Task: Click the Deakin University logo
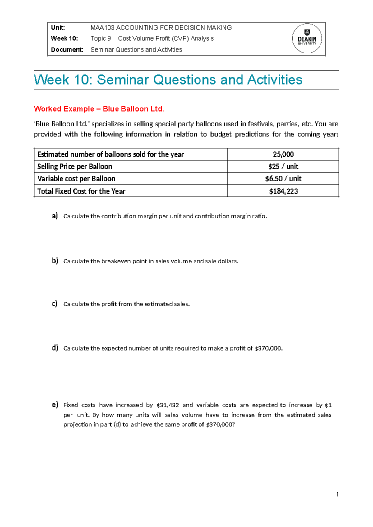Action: pos(307,39)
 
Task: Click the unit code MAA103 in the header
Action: pos(102,28)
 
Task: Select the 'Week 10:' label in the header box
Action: pos(64,39)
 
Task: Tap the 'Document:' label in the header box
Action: pos(67,50)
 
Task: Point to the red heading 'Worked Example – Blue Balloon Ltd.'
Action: pos(99,109)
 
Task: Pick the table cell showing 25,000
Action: pos(283,154)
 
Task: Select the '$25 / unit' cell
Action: pos(283,167)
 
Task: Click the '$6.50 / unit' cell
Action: pos(283,179)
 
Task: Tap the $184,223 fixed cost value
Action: pos(283,191)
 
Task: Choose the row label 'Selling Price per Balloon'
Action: pos(75,167)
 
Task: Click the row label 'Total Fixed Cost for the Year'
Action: pos(81,191)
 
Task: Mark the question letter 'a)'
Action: pos(55,216)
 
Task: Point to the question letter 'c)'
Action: pos(55,304)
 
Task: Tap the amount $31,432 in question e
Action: pos(168,405)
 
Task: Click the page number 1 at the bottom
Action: pos(337,494)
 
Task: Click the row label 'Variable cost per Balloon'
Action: pos(76,179)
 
